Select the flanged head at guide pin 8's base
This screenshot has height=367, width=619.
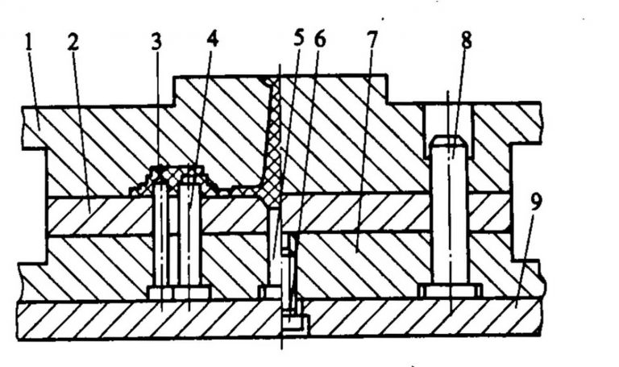click(x=450, y=290)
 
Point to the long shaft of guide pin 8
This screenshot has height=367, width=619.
click(x=450, y=218)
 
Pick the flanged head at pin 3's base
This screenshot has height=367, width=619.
click(x=160, y=291)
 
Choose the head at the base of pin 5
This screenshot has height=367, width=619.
click(x=269, y=290)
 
